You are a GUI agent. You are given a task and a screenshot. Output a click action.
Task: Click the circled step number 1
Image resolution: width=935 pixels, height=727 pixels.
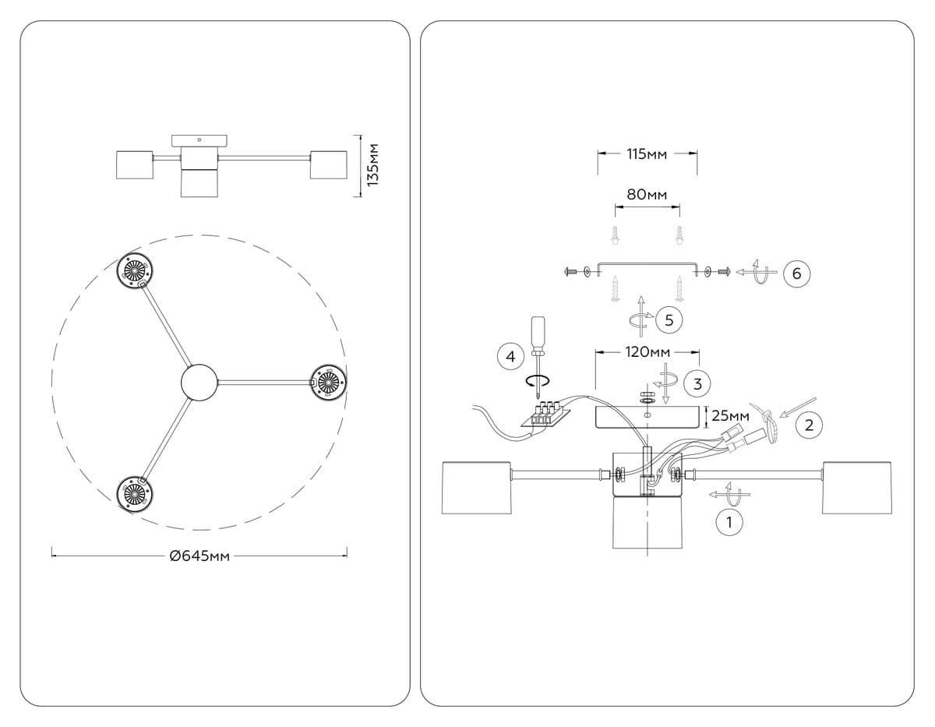click(729, 522)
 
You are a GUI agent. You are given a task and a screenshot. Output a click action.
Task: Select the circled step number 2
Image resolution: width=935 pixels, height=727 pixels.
click(809, 425)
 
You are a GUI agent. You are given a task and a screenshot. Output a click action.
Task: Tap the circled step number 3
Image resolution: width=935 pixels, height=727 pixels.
click(697, 383)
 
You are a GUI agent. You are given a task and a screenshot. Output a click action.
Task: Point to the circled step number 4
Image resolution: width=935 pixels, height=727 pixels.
click(510, 357)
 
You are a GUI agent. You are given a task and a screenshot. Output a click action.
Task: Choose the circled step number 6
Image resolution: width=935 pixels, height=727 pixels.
click(796, 274)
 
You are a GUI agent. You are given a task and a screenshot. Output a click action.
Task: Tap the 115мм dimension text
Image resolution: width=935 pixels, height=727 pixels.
click(647, 154)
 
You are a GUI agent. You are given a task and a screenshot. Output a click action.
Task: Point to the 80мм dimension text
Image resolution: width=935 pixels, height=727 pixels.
click(647, 194)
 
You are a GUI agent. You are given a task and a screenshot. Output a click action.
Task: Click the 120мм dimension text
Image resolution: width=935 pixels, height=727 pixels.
click(647, 352)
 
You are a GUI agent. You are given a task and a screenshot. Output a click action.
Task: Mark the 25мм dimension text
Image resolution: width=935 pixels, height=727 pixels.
click(731, 416)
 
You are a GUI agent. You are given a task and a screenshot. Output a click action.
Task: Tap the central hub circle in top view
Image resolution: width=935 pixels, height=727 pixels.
click(200, 383)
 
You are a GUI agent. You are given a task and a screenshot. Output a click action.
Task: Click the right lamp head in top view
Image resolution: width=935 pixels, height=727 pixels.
click(328, 382)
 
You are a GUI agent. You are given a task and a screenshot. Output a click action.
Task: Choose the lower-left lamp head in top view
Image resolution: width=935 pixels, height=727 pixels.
click(135, 492)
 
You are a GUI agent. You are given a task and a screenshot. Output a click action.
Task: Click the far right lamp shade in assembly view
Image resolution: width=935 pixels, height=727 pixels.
click(856, 488)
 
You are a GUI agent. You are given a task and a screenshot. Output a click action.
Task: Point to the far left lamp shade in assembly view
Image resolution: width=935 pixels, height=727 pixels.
click(475, 488)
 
